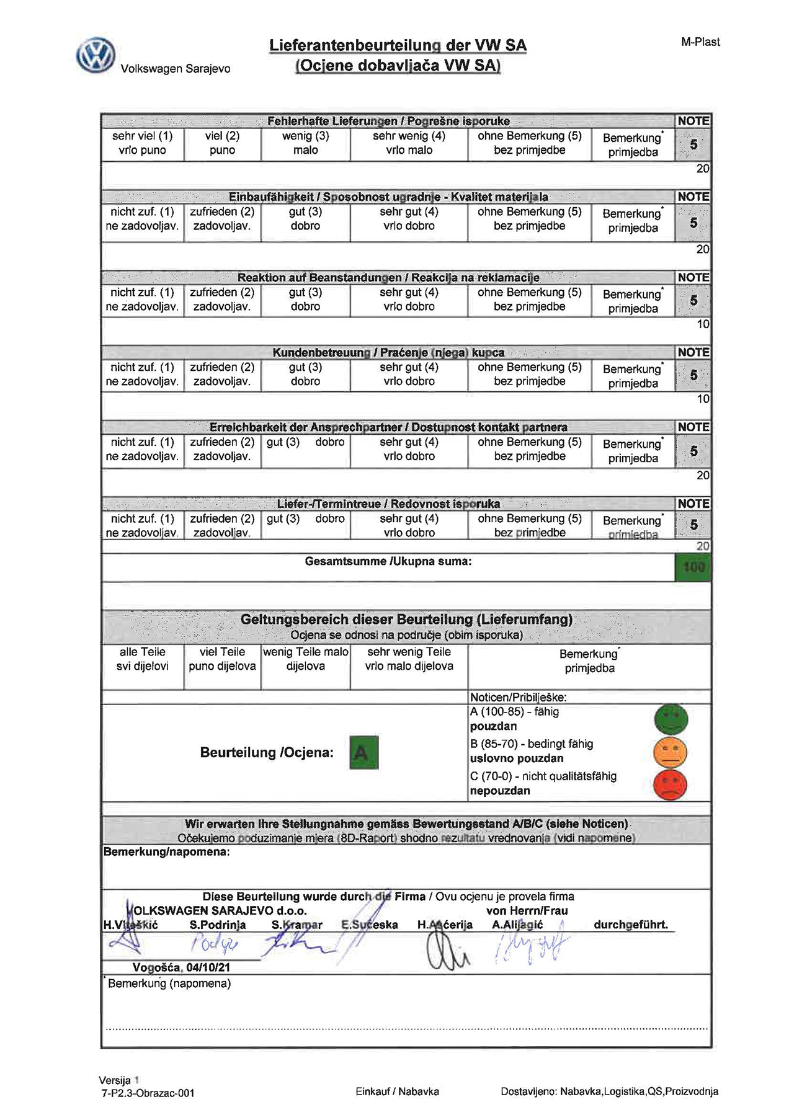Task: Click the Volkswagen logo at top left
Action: (96, 55)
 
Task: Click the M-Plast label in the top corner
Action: (700, 42)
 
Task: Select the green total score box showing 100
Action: (693, 567)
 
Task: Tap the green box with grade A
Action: (363, 752)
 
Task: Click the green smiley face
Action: (671, 719)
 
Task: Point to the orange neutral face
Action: (671, 752)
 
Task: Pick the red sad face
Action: (671, 784)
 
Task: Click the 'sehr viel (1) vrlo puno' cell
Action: (143, 143)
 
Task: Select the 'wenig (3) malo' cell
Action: (305, 143)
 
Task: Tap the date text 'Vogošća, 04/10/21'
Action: (181, 967)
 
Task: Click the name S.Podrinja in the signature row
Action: (218, 925)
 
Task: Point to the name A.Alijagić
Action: (517, 925)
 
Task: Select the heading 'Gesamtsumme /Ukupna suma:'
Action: (388, 562)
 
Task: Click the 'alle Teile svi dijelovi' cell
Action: (143, 659)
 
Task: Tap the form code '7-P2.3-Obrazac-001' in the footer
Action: (148, 1093)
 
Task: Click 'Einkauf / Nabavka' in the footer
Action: (398, 1091)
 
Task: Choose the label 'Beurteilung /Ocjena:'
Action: (267, 753)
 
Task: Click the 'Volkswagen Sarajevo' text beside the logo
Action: (176, 69)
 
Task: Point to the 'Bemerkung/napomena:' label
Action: (166, 852)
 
